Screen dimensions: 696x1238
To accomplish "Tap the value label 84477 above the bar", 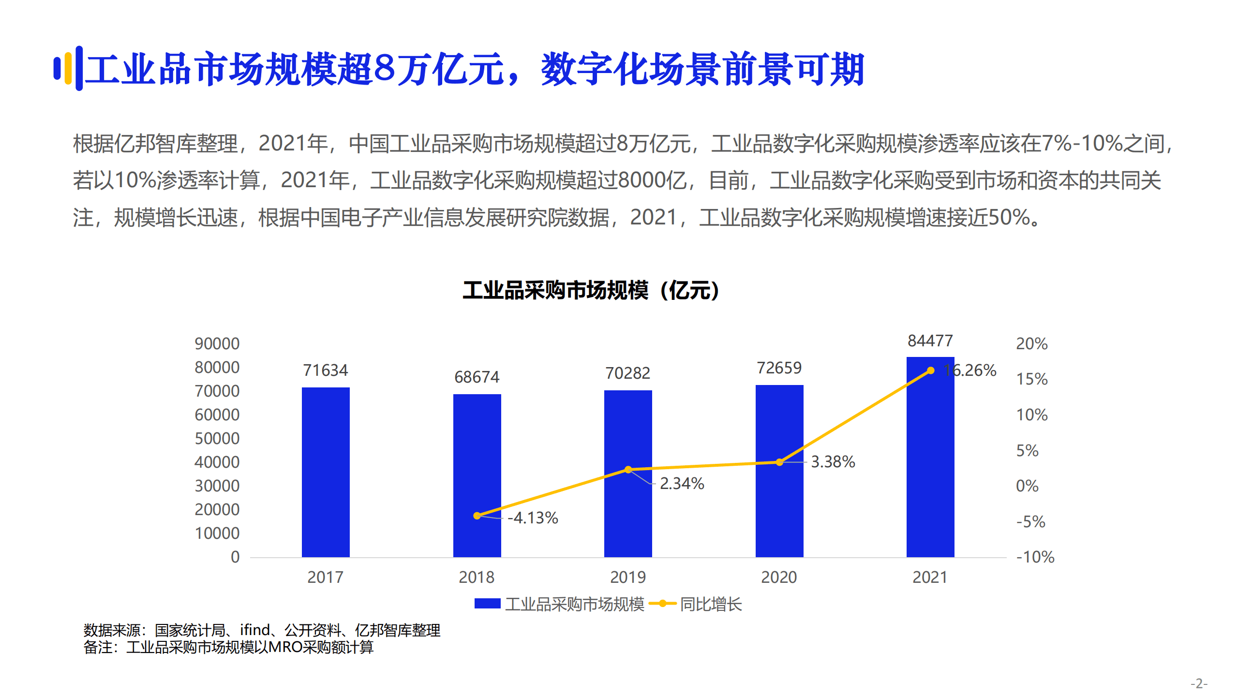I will [930, 341].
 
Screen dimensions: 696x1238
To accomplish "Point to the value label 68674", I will [477, 377].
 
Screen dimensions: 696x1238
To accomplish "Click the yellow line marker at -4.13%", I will [477, 516].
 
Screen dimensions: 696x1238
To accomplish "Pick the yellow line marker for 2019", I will [628, 470].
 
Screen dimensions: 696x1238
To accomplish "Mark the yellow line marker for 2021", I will [930, 370].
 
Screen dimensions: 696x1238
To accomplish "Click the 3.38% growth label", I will [833, 461].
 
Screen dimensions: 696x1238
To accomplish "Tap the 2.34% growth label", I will [682, 483].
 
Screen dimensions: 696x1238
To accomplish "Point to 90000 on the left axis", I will [217, 343].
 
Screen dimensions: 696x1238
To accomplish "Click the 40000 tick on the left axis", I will [217, 462].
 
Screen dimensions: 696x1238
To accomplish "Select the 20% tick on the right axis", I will [1031, 343].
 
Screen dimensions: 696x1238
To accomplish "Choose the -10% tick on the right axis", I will [1035, 557].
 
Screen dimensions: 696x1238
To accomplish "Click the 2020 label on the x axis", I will [779, 577].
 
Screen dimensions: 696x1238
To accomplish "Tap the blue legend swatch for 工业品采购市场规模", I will [487, 604].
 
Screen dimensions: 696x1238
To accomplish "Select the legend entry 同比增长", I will [710, 604].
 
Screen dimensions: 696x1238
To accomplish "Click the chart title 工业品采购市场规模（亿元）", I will [591, 290].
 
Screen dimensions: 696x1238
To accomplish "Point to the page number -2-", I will [1199, 683].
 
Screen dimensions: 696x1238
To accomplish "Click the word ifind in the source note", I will [255, 630].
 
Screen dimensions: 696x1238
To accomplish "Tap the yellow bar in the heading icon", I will [68, 68].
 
